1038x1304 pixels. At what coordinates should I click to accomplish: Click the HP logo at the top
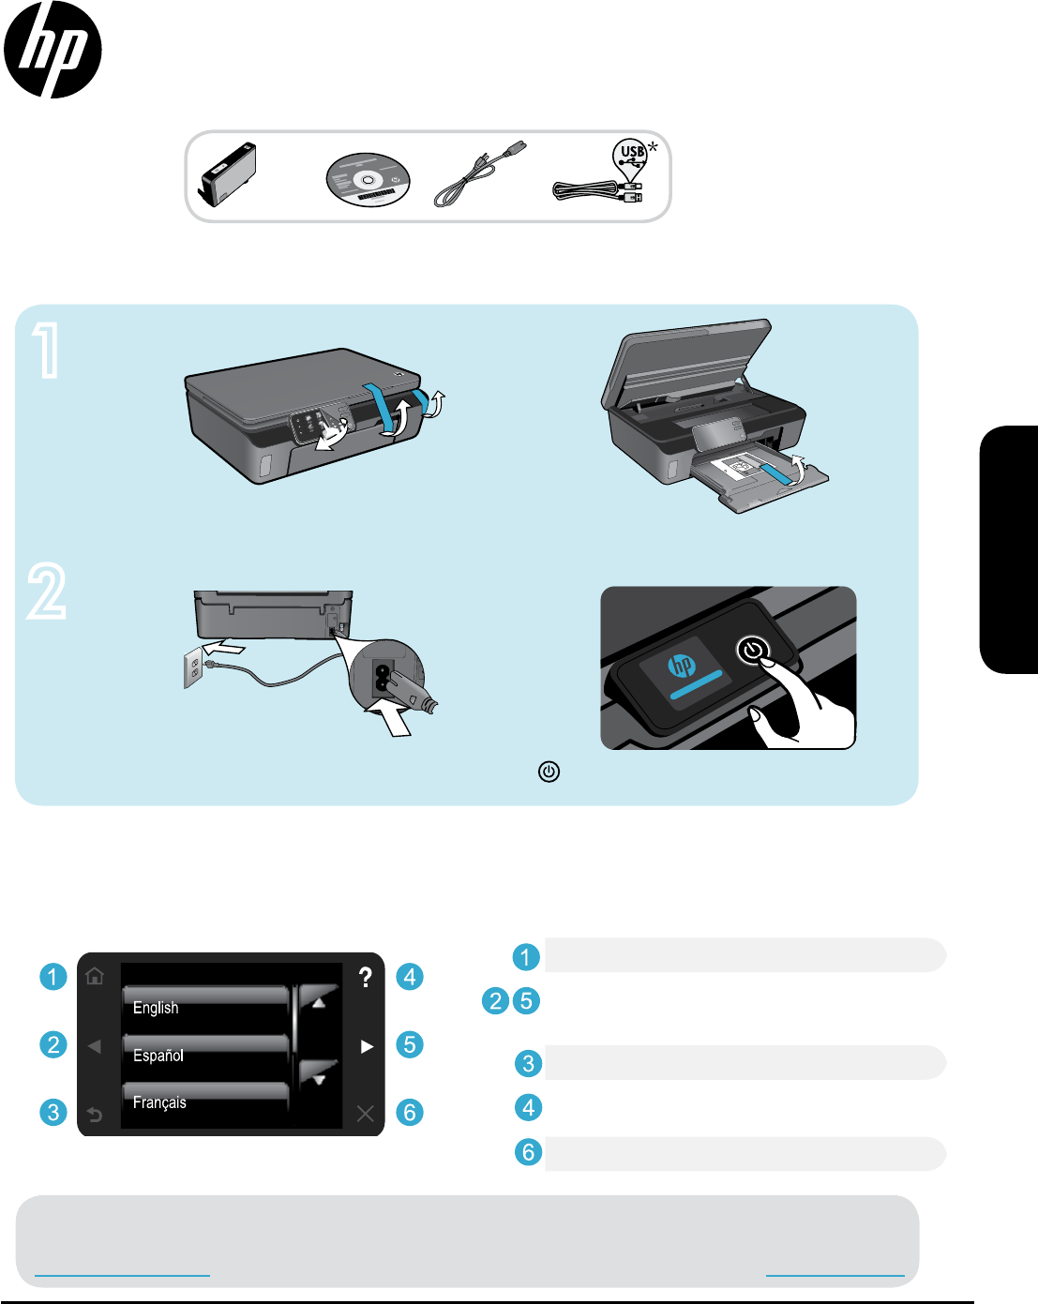(53, 50)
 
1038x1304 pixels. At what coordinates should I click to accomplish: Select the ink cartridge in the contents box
(227, 174)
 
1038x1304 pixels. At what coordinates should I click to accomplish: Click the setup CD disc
(368, 180)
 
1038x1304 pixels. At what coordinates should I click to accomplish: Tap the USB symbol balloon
(630, 157)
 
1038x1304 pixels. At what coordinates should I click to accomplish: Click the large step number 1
(47, 351)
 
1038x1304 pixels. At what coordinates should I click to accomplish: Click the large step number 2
(46, 591)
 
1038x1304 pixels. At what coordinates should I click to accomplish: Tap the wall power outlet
(193, 667)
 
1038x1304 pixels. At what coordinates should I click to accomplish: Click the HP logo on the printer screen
(682, 665)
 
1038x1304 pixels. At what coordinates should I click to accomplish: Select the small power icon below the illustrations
(549, 772)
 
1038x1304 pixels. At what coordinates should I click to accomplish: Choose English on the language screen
(156, 1008)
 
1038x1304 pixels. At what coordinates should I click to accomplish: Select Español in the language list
(158, 1056)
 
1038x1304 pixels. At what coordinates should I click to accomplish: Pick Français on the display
(159, 1102)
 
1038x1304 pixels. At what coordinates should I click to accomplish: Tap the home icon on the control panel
(95, 976)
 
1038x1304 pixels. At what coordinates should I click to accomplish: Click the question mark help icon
(365, 977)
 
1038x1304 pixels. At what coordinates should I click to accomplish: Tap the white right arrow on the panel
(367, 1046)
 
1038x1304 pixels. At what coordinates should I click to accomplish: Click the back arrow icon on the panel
(95, 1114)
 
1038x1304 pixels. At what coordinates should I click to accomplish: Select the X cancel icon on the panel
(366, 1113)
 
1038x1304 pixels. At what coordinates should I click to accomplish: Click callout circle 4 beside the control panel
(410, 977)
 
